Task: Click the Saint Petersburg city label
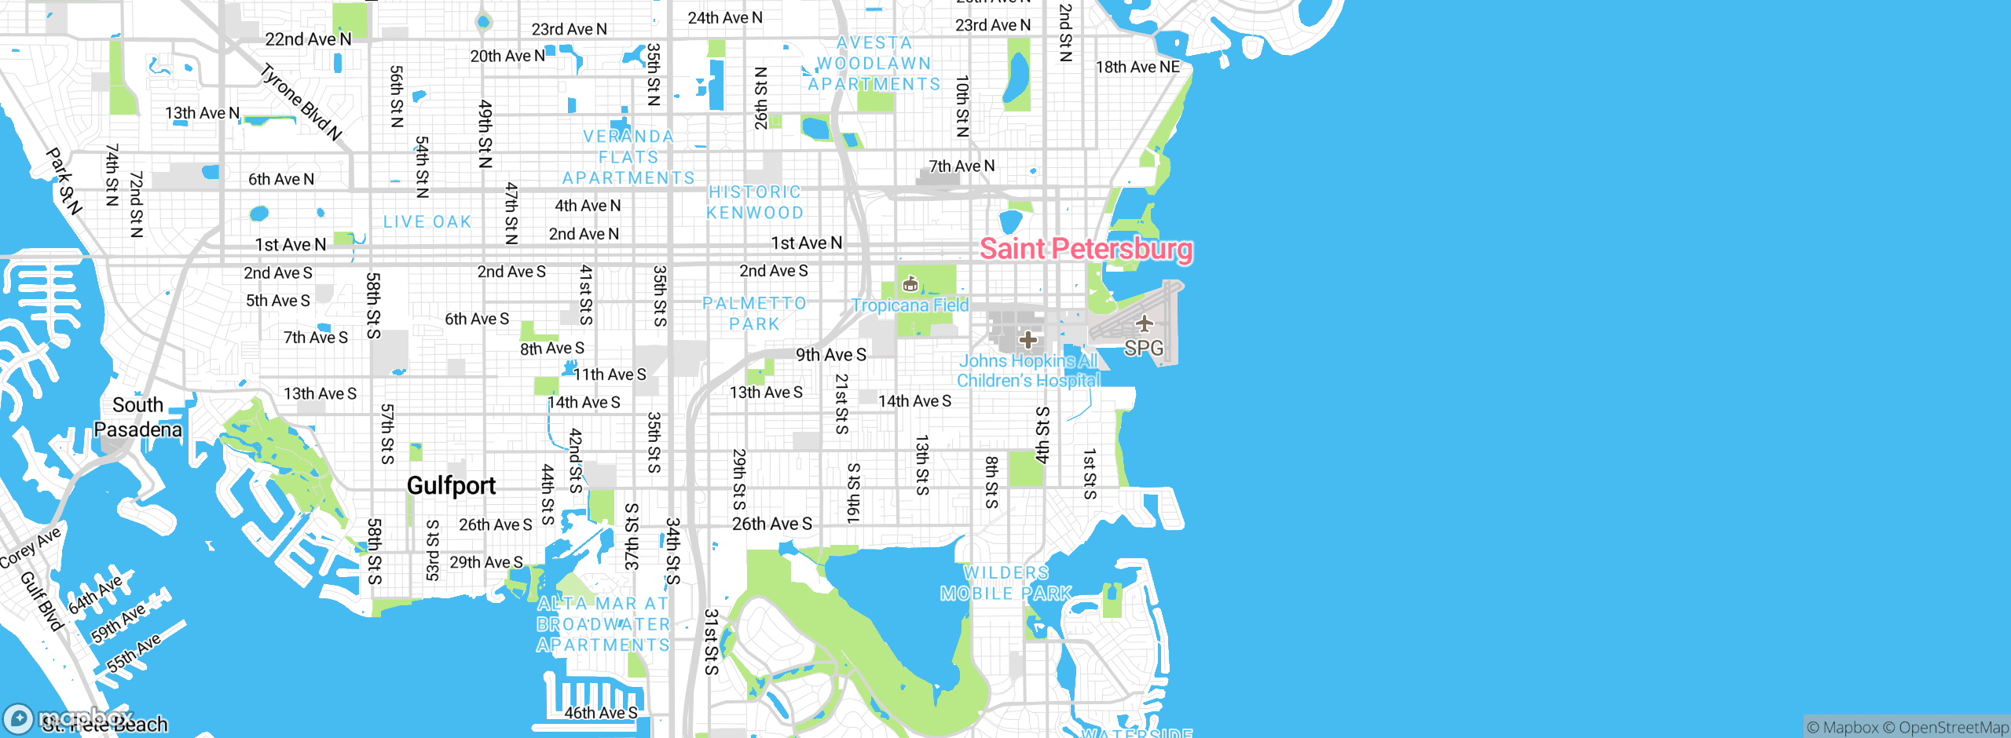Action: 1086,249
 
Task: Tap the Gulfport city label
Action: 451,486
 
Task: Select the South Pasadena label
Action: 137,417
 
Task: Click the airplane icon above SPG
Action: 1144,323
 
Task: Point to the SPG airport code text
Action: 1144,348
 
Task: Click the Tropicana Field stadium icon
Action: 910,283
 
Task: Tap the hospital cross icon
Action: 1027,340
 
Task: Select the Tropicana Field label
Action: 910,305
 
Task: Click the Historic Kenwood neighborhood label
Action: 755,203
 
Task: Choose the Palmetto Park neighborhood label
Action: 754,313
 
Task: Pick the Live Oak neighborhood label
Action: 427,222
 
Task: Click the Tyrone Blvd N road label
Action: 302,102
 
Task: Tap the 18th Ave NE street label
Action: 1137,68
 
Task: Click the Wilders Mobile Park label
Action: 1006,583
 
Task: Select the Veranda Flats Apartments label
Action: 628,157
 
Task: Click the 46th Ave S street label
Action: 601,713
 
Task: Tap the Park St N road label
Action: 64,181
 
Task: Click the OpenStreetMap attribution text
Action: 1953,728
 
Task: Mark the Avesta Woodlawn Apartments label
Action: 874,64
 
